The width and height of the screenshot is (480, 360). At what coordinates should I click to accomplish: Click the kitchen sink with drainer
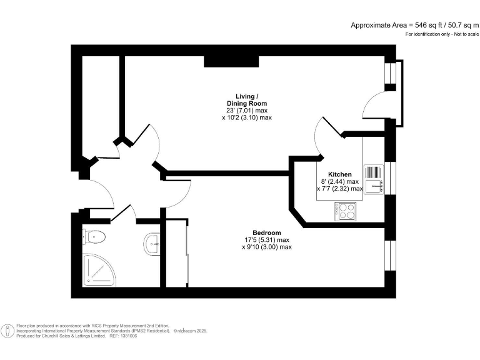pyautogui.click(x=373, y=179)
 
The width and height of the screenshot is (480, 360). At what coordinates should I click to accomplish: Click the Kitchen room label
pyautogui.click(x=340, y=174)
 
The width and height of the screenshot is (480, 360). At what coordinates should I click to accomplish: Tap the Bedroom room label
pyautogui.click(x=267, y=232)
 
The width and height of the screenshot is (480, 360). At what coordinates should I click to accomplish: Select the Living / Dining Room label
pyautogui.click(x=247, y=99)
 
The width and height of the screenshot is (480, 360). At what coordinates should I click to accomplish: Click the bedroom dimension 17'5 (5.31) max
pyautogui.click(x=267, y=240)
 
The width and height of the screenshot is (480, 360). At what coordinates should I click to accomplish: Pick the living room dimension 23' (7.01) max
pyautogui.click(x=247, y=111)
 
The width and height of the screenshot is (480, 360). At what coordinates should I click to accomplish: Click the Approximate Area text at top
pyautogui.click(x=413, y=25)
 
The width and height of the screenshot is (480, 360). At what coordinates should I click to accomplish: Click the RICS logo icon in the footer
pyautogui.click(x=7, y=330)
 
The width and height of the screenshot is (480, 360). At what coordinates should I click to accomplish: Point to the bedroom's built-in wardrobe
pyautogui.click(x=177, y=253)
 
